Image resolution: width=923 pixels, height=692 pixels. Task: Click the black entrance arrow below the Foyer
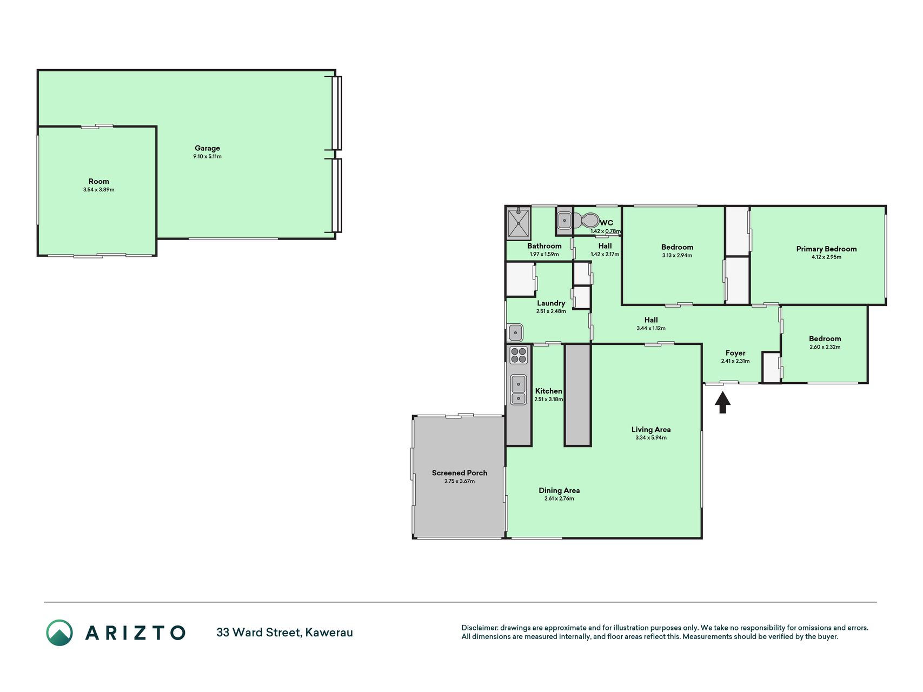(722, 402)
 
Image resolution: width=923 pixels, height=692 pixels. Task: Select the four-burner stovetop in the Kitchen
(518, 355)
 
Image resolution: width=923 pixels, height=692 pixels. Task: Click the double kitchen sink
(519, 390)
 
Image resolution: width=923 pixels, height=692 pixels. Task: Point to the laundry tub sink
(516, 332)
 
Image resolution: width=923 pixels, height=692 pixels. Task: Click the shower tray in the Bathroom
(519, 223)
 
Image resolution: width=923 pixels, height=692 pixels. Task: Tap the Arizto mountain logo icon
(59, 633)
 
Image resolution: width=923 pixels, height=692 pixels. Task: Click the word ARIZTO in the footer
(135, 633)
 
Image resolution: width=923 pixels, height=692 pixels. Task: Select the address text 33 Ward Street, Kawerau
(284, 633)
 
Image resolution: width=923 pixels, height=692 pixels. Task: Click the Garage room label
(207, 148)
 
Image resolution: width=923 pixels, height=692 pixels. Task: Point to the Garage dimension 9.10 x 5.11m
(207, 157)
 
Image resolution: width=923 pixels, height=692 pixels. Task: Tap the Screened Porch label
(460, 473)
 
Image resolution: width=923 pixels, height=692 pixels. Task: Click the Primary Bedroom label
(826, 249)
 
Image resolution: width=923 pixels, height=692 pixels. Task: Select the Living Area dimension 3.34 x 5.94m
(651, 438)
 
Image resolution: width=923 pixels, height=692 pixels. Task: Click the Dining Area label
(559, 491)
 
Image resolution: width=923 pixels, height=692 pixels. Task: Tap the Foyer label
(735, 353)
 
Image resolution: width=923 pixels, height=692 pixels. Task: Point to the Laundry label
(551, 303)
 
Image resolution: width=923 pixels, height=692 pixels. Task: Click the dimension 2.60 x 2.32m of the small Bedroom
(825, 347)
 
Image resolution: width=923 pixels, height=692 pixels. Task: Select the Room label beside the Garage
(99, 182)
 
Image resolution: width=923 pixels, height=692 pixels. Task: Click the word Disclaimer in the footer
(480, 628)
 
